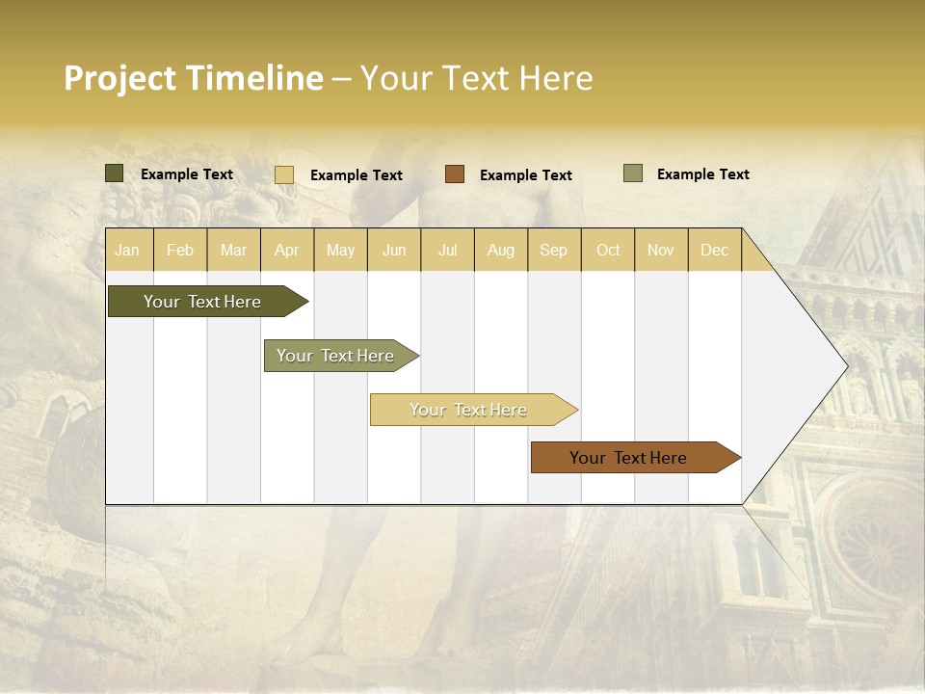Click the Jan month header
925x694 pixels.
128,250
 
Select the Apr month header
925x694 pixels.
287,250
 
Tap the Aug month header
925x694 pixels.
501,250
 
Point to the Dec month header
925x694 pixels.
714,250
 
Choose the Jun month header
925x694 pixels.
394,250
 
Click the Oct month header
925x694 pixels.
608,250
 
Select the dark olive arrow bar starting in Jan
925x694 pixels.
202,302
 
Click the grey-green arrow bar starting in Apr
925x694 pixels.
335,356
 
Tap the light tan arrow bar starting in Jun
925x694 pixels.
468,410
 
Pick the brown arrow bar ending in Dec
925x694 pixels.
628,458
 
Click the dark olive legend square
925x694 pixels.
114,173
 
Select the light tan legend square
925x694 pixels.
284,174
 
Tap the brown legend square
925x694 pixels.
455,174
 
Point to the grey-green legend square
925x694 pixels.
633,173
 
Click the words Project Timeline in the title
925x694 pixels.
193,78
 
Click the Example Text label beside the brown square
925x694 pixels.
525,175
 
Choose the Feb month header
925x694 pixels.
180,250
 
